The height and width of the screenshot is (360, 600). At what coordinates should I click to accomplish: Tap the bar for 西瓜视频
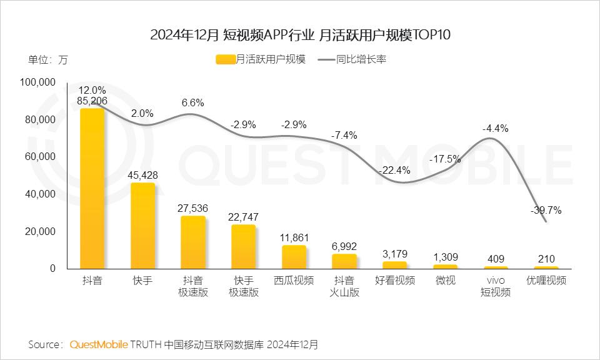click(x=294, y=257)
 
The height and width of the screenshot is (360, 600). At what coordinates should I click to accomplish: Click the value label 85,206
click(x=92, y=101)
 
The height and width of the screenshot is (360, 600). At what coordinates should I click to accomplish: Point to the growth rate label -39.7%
click(x=546, y=211)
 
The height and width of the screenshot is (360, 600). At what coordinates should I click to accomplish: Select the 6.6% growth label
click(x=192, y=102)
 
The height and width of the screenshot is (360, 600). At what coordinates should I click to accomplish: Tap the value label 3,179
click(x=394, y=254)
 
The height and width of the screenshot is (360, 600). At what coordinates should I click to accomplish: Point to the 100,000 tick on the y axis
click(x=39, y=82)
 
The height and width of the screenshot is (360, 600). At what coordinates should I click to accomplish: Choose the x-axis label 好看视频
click(x=394, y=281)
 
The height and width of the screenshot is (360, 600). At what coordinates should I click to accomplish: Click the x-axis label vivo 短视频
click(x=496, y=286)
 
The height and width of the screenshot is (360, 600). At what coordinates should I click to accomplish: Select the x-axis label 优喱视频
click(x=546, y=281)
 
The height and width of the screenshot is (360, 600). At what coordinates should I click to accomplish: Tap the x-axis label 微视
click(x=445, y=281)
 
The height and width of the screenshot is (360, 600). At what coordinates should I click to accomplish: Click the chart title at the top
click(x=300, y=34)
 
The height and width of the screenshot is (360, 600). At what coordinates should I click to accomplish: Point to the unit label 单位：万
click(x=47, y=60)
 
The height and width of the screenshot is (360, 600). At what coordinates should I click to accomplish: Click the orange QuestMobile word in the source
click(x=99, y=344)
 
